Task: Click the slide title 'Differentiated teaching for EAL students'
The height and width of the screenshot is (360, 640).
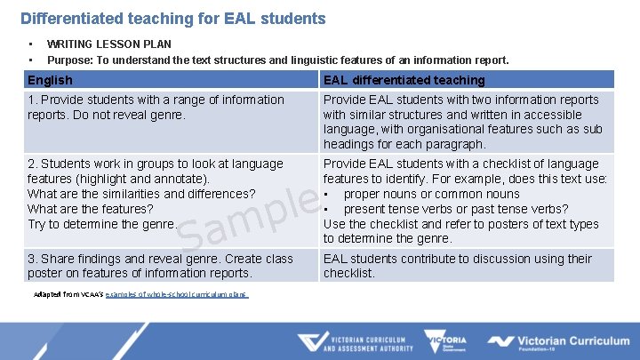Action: click(x=173, y=18)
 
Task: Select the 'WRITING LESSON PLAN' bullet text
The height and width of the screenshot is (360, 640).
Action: click(x=109, y=44)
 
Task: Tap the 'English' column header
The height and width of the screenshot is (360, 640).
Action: click(x=51, y=80)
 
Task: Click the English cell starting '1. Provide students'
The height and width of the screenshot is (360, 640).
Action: click(x=156, y=107)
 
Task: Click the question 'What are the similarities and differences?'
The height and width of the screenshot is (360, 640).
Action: click(x=141, y=194)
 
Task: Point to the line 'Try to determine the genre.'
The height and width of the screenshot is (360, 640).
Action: click(x=102, y=224)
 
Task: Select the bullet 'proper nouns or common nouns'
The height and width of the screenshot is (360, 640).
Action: click(x=431, y=194)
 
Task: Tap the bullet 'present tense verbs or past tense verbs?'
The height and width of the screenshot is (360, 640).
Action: click(x=455, y=209)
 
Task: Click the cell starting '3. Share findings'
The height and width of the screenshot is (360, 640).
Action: click(x=160, y=266)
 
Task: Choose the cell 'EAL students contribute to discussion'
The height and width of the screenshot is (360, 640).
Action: click(x=457, y=266)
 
